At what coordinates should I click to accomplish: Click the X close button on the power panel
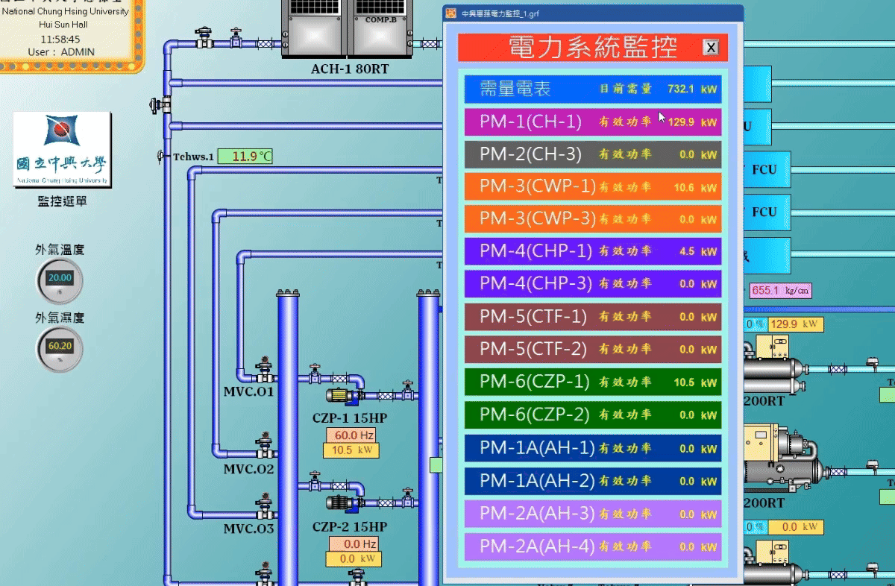(712, 48)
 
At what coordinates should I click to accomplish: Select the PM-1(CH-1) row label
(530, 122)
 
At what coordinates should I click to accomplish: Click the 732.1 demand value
(681, 89)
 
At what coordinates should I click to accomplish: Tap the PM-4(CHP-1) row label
(536, 251)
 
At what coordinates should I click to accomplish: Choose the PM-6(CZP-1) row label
(534, 382)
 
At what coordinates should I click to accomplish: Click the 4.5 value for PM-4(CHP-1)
(687, 252)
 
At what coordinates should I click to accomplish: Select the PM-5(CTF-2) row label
(533, 349)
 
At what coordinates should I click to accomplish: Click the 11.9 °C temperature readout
(245, 157)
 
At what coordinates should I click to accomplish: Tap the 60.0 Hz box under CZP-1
(351, 435)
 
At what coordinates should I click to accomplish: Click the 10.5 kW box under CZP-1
(351, 450)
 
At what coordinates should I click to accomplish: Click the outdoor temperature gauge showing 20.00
(60, 279)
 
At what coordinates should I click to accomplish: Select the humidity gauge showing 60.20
(60, 347)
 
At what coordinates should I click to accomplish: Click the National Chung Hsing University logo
(62, 149)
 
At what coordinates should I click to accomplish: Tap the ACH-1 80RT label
(350, 70)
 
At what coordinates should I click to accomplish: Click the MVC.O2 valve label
(248, 470)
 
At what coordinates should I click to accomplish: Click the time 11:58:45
(60, 39)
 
